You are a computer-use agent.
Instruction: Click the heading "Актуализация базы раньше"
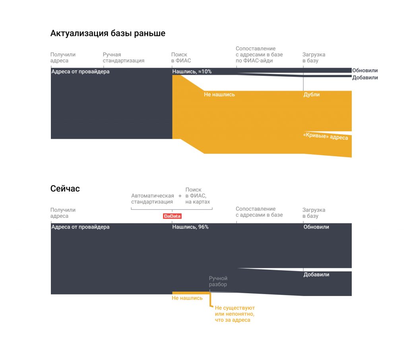(x=108, y=33)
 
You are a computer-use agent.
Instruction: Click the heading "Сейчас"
(x=65, y=188)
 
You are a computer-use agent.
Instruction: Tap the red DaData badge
(x=172, y=216)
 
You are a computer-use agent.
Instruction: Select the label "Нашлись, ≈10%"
(x=192, y=72)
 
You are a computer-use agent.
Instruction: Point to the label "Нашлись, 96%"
(x=190, y=227)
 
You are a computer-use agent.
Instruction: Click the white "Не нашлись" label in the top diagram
(x=219, y=95)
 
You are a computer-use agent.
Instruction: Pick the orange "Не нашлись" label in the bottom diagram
(x=187, y=298)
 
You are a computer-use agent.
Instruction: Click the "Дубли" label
(x=312, y=95)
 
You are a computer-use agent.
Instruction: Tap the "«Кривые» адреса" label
(x=326, y=136)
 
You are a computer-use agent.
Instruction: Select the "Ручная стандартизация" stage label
(x=124, y=57)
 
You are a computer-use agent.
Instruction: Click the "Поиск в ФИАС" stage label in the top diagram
(x=181, y=57)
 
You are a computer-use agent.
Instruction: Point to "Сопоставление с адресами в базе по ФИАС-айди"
(x=259, y=54)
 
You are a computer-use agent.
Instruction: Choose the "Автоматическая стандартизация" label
(x=153, y=199)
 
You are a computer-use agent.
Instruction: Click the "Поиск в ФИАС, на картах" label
(x=198, y=196)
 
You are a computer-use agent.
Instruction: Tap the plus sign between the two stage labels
(x=180, y=196)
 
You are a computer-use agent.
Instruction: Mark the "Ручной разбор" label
(x=218, y=281)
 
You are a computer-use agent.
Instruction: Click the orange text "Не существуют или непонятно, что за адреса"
(x=235, y=314)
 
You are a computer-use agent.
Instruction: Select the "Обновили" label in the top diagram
(x=365, y=70)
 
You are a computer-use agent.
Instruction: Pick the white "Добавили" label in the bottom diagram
(x=316, y=275)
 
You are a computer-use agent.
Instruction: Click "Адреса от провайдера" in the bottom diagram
(x=80, y=227)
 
